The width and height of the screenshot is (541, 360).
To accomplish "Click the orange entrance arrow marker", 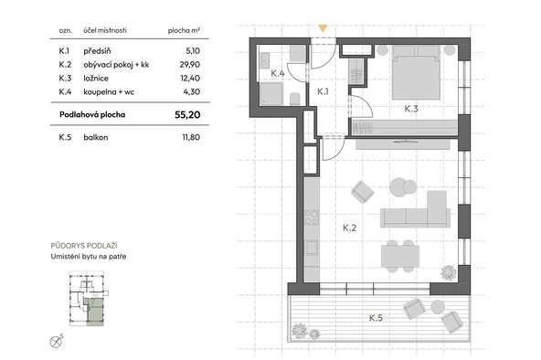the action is pyautogui.click(x=323, y=28).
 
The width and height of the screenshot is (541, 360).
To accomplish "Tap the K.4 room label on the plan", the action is pyautogui.click(x=278, y=73).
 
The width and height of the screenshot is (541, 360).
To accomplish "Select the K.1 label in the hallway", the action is pyautogui.click(x=323, y=91).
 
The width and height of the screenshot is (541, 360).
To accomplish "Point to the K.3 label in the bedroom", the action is pyautogui.click(x=411, y=109).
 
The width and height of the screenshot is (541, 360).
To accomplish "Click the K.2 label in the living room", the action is pyautogui.click(x=349, y=228).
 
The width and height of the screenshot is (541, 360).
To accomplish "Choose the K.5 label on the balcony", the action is pyautogui.click(x=376, y=318).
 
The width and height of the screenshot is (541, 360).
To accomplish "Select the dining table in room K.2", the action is pyautogui.click(x=400, y=256).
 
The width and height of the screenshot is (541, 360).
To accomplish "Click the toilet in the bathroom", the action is pyautogui.click(x=294, y=99).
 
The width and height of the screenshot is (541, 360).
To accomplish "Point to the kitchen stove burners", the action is pyautogui.click(x=312, y=217).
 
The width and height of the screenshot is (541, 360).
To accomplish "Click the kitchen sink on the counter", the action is pyautogui.click(x=312, y=248).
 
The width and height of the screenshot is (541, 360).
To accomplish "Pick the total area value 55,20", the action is pyautogui.click(x=187, y=115).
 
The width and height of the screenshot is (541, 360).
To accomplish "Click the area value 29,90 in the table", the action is pyautogui.click(x=190, y=65).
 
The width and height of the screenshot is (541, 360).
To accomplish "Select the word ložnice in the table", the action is pyautogui.click(x=96, y=79).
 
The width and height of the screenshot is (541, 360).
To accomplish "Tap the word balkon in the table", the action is pyautogui.click(x=96, y=137).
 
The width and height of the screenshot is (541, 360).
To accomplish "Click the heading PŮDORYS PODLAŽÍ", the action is pyautogui.click(x=84, y=246).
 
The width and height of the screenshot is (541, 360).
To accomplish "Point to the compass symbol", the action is pyautogui.click(x=56, y=342).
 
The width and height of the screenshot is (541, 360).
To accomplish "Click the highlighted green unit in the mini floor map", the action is pyautogui.click(x=95, y=312).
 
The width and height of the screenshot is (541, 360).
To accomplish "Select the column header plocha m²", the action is pyautogui.click(x=184, y=30).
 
